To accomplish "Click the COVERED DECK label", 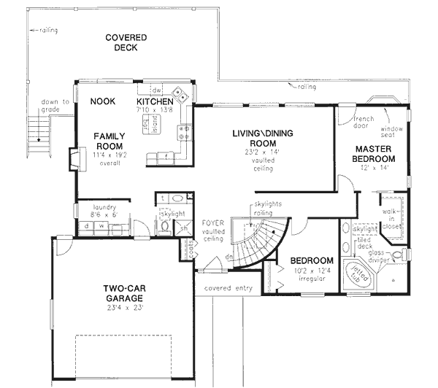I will [x=126, y=42].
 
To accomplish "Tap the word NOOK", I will [x=103, y=102].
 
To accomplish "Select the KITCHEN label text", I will [x=155, y=101].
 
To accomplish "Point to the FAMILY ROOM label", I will [x=109, y=141].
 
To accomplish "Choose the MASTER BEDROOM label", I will [x=374, y=154].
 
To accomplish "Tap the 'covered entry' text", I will [x=228, y=288].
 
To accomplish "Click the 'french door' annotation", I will [x=364, y=122].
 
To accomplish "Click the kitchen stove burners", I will [x=183, y=132].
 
